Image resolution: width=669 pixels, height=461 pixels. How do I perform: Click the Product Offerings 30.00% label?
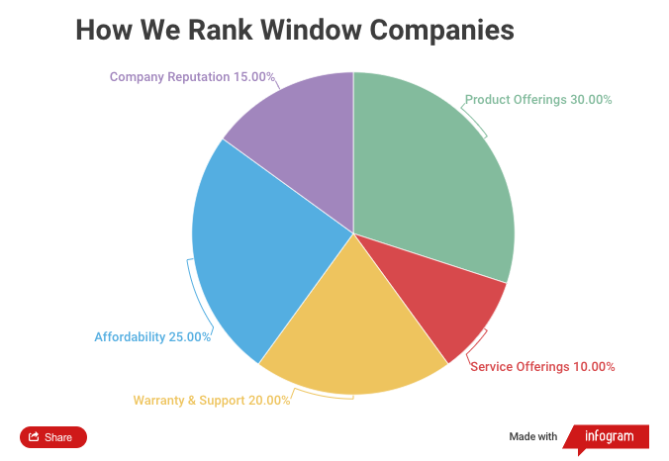coord(538,100)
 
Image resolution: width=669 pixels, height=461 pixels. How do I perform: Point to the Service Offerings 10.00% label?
coord(542,367)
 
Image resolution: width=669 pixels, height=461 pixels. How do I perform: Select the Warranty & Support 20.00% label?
coord(212,401)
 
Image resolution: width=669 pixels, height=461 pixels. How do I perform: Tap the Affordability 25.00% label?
coord(152,337)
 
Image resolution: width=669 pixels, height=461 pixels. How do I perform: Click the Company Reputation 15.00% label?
coord(192,76)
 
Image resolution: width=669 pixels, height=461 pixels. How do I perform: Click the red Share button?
coord(53,437)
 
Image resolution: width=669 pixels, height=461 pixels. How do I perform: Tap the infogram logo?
coord(607,437)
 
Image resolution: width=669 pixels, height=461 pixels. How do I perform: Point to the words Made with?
coord(533,437)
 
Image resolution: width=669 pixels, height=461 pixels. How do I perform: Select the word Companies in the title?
coord(451,30)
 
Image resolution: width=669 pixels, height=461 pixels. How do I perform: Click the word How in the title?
coord(100,30)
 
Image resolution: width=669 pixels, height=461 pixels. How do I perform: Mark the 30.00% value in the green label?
coord(591,100)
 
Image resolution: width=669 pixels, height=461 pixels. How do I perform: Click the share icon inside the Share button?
coord(35,437)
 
